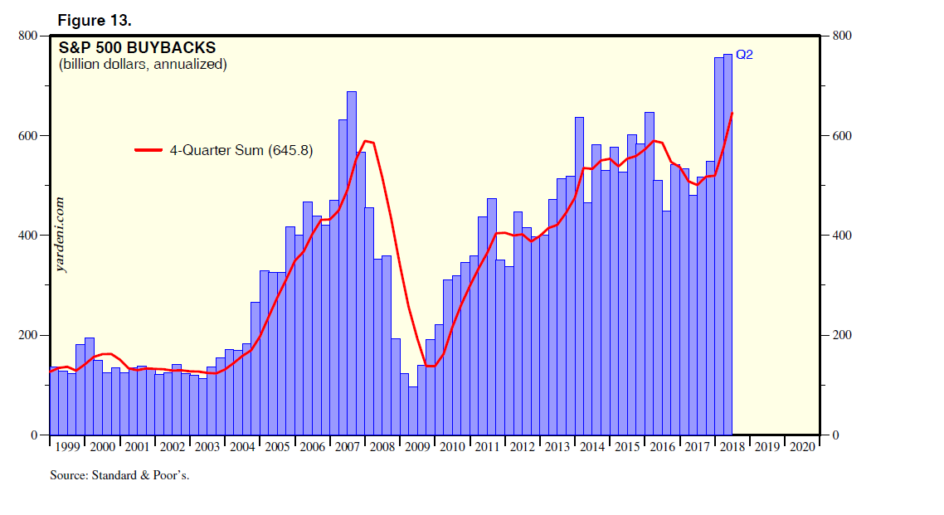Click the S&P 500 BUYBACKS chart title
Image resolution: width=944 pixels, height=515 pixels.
tap(138, 48)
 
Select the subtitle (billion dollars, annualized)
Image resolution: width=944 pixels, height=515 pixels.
tap(143, 64)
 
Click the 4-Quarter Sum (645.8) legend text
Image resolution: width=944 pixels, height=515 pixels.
tap(241, 150)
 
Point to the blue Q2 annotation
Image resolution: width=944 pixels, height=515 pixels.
tap(744, 55)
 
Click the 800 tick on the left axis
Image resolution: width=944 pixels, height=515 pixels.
tap(28, 36)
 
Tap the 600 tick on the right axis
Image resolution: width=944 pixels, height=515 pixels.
tap(841, 136)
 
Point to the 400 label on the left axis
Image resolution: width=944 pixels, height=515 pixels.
tap(28, 236)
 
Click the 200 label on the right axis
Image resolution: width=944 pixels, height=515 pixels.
tap(841, 336)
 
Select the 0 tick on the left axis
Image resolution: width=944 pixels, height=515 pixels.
tap(35, 435)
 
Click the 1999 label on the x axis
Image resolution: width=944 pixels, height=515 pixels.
tap(66, 447)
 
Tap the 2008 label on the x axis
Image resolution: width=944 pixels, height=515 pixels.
tap(382, 447)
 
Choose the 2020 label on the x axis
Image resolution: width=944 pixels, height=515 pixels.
tap(802, 447)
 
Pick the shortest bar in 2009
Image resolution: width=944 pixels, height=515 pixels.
tap(413, 411)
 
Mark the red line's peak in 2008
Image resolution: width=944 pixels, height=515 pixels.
tap(367, 141)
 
